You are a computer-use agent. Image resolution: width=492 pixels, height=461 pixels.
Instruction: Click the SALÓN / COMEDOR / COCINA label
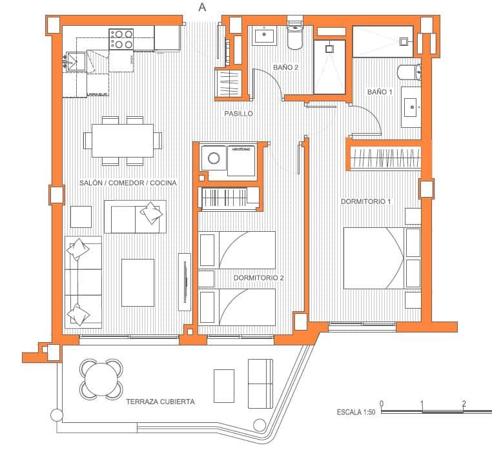128,183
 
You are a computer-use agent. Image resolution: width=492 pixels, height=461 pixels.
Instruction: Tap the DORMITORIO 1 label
366,201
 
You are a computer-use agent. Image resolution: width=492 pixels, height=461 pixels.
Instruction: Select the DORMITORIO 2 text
259,278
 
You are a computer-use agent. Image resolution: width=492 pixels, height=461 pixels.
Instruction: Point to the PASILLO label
238,114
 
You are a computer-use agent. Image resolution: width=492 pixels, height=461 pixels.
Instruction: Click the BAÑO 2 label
285,67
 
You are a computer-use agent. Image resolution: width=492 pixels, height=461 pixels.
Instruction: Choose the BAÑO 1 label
380,92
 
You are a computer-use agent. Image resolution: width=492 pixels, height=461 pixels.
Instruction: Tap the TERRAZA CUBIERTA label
160,402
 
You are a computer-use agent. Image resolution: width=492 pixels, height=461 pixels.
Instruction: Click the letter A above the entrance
203,7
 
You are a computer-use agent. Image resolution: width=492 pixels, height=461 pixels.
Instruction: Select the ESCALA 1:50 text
356,412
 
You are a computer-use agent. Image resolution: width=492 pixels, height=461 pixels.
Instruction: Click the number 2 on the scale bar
464,404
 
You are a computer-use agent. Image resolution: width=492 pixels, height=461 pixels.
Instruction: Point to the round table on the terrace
101,379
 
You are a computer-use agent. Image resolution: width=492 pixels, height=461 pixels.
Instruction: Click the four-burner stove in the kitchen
121,39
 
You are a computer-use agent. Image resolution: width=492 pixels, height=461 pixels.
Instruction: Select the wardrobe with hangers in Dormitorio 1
385,158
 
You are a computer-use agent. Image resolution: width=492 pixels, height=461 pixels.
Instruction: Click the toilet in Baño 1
409,71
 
